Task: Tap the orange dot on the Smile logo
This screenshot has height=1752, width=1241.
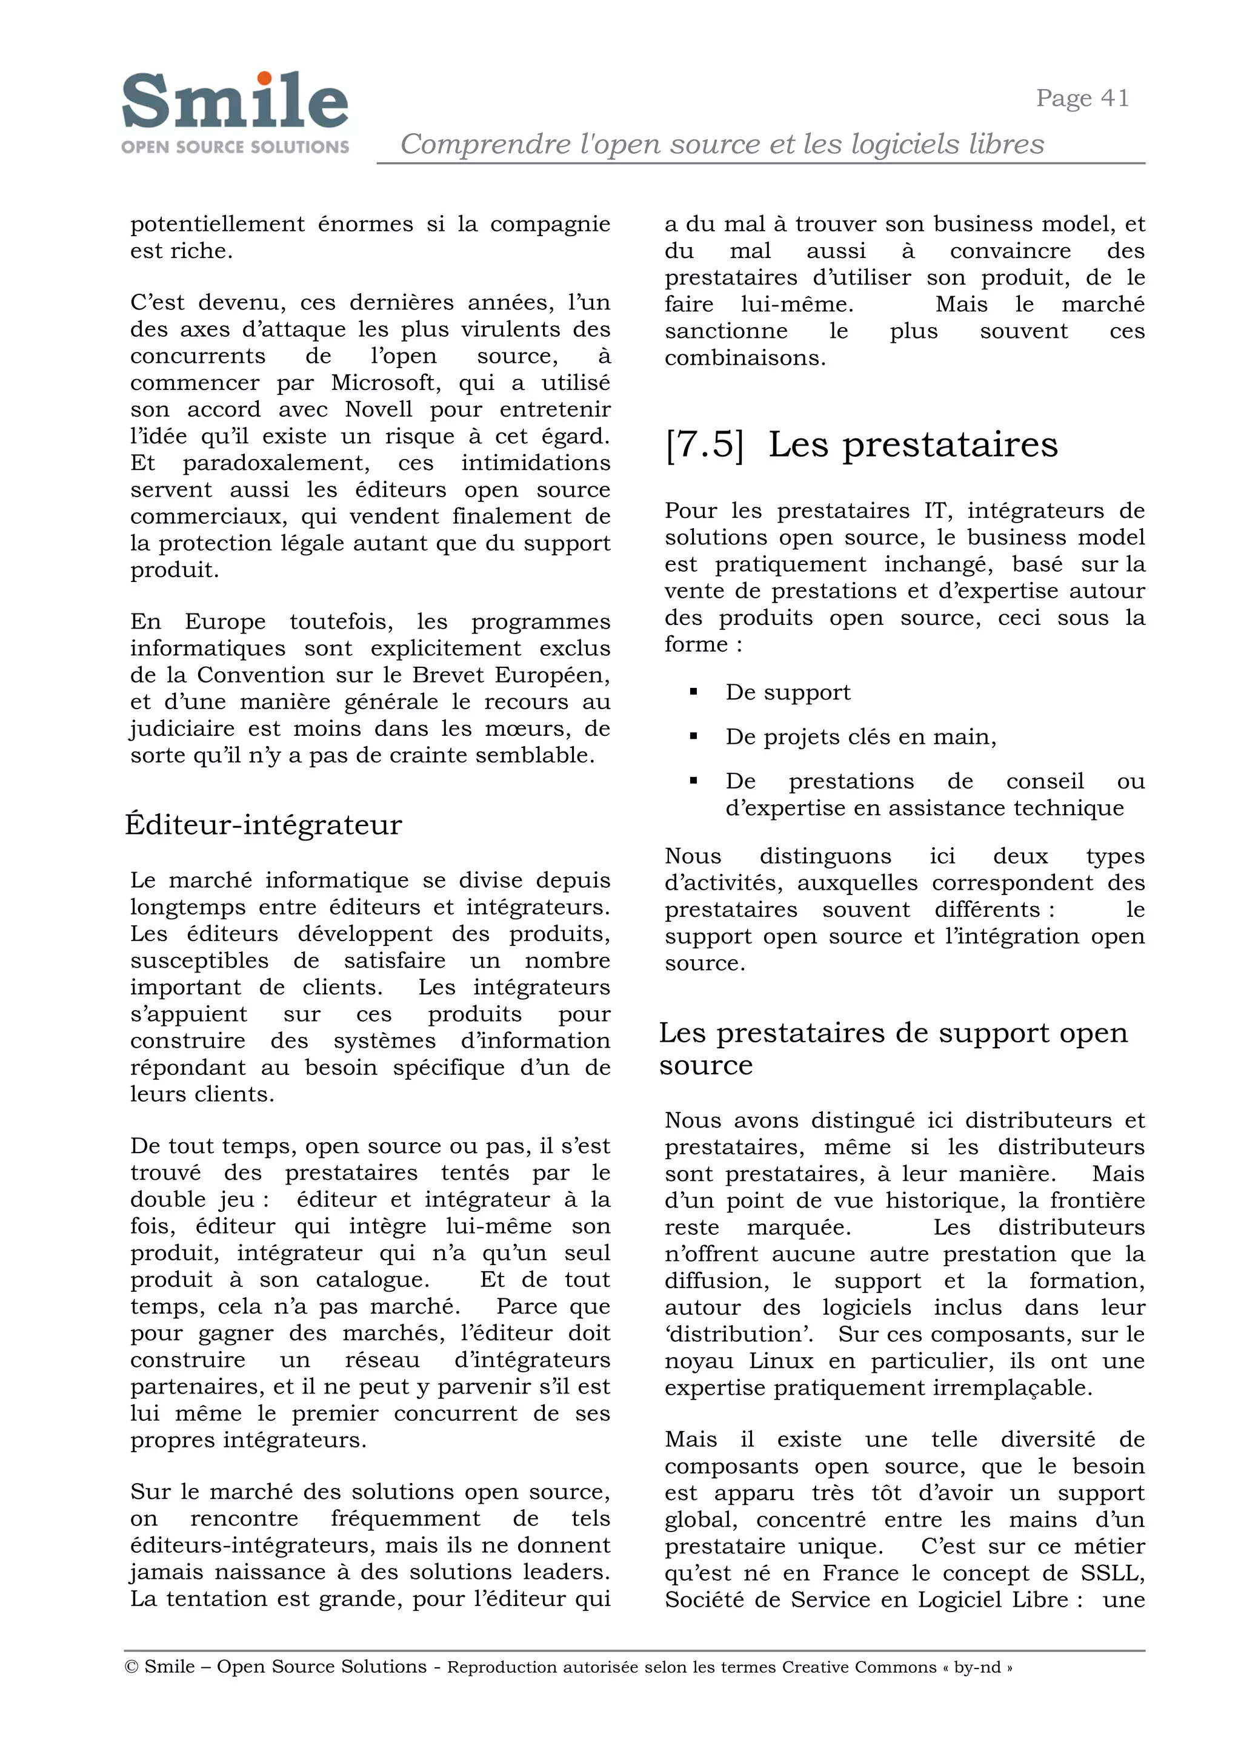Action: (264, 79)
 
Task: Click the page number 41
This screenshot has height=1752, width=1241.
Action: (1115, 99)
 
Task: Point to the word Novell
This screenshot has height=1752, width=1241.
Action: (379, 409)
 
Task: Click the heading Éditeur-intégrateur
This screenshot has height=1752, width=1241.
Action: (263, 825)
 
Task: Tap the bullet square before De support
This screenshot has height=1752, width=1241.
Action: (693, 692)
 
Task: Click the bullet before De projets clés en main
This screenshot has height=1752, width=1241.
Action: (693, 737)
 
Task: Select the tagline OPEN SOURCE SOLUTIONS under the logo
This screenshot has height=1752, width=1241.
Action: (235, 147)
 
